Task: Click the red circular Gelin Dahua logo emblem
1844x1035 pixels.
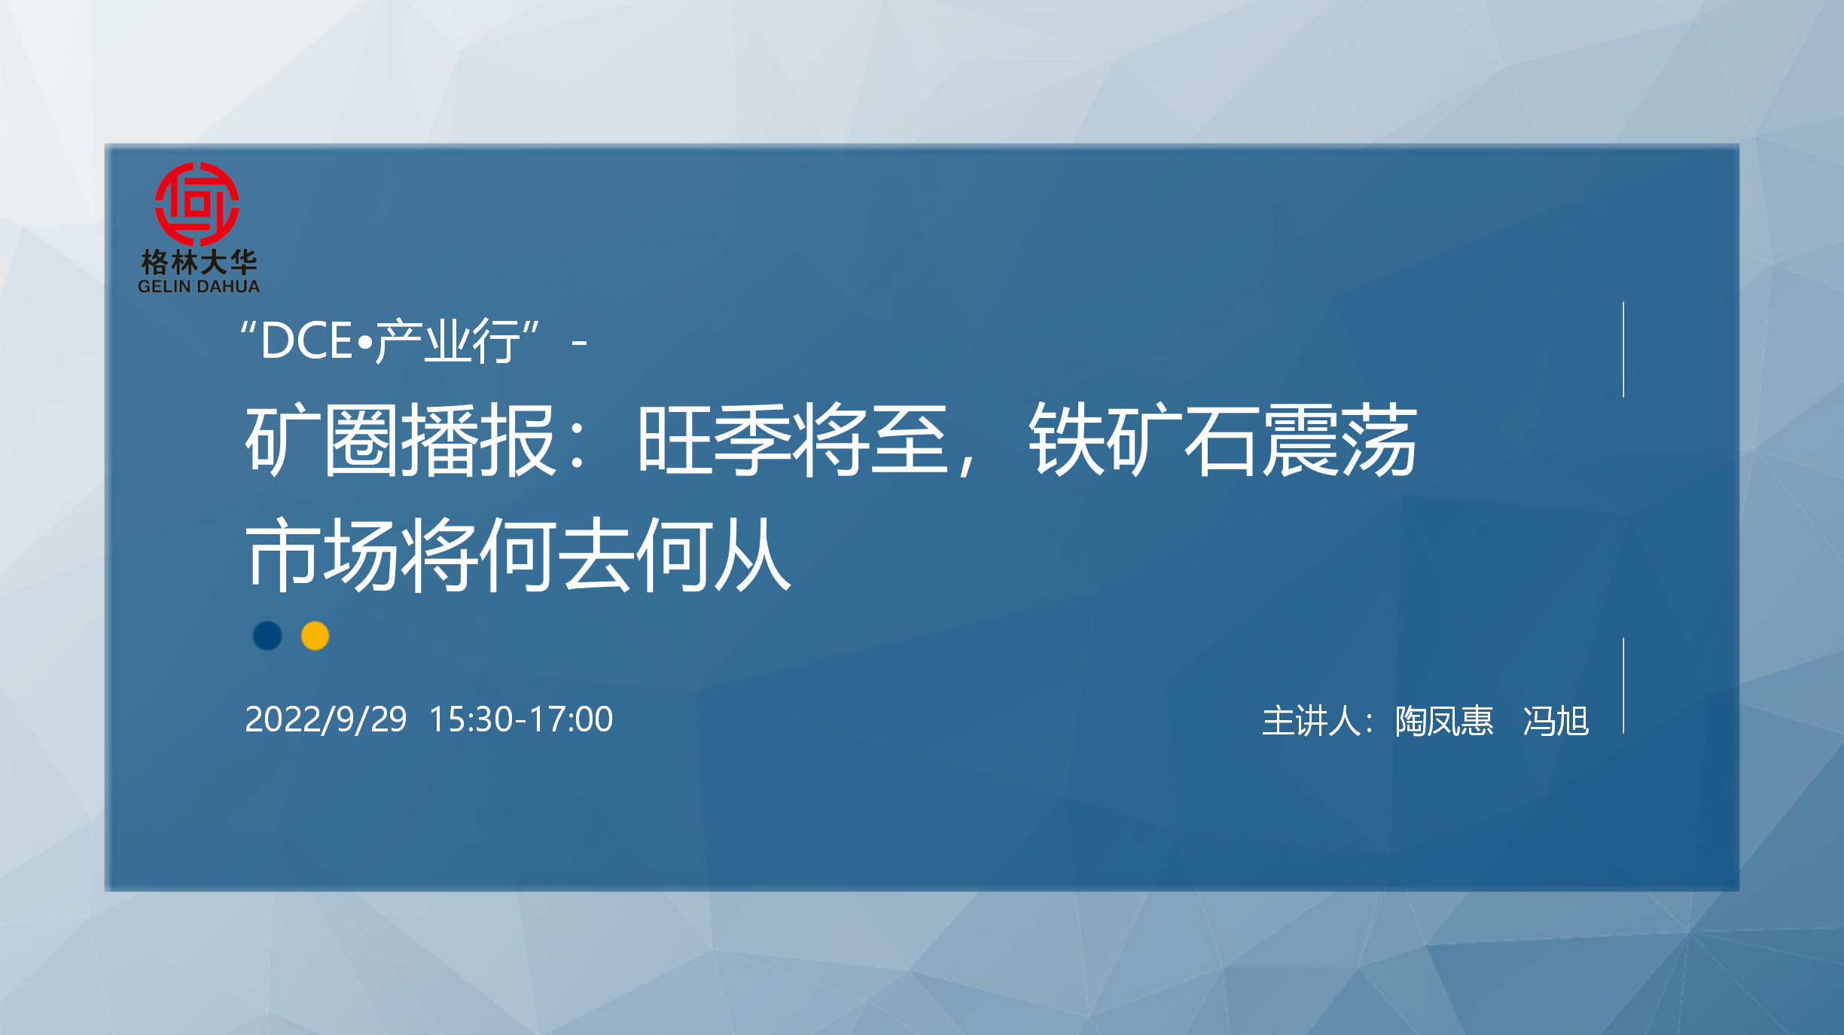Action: click(x=197, y=203)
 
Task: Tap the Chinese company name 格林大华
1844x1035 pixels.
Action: click(x=199, y=263)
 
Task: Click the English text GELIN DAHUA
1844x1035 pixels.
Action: click(x=199, y=287)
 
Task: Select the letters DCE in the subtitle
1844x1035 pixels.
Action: click(x=306, y=340)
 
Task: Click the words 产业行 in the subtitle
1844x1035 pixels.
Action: click(x=447, y=341)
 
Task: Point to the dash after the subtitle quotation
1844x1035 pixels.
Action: click(x=579, y=343)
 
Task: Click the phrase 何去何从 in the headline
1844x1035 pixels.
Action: click(x=635, y=554)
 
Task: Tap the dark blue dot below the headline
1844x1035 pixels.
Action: click(x=267, y=636)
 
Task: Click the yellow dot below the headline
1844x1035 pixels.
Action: click(x=315, y=636)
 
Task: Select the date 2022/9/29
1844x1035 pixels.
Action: click(x=326, y=719)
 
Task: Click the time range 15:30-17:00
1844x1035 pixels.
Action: click(x=521, y=719)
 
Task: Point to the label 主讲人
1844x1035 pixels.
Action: click(x=1311, y=721)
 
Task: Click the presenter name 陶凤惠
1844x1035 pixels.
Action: click(x=1444, y=721)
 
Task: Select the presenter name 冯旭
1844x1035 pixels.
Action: click(x=1556, y=721)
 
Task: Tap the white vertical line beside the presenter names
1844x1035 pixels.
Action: click(x=1623, y=685)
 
